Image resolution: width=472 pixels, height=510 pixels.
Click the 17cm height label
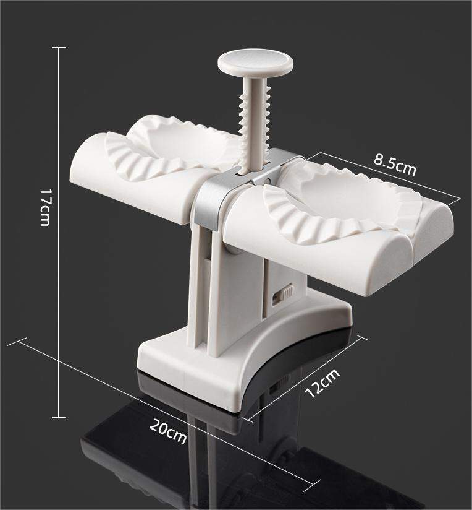tap(44, 207)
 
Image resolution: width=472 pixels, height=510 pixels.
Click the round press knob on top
tap(255, 63)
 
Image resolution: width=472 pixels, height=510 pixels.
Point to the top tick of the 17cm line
tap(59, 48)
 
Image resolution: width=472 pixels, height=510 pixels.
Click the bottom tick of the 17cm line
tap(59, 418)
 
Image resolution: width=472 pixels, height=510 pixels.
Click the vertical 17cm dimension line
tap(59, 279)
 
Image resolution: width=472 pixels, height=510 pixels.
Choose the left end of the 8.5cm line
tap(321, 152)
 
